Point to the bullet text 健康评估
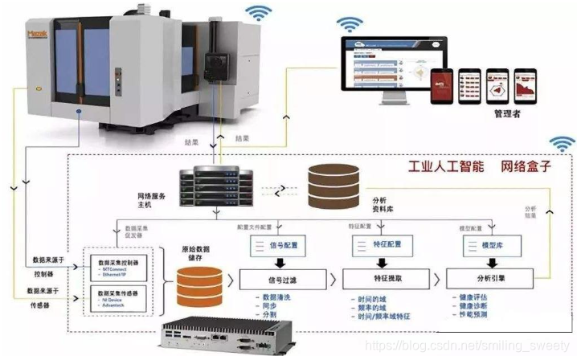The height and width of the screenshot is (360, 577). point(473,299)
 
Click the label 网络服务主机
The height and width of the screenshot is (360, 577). point(160,200)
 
